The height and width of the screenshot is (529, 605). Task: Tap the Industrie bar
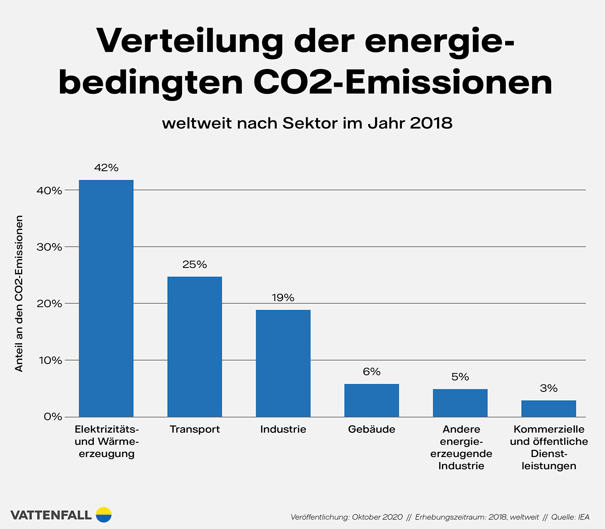[283, 363]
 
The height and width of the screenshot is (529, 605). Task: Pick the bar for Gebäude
[372, 401]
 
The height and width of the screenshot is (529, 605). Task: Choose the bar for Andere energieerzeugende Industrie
[460, 403]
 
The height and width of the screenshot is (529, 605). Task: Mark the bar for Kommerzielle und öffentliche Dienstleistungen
[549, 409]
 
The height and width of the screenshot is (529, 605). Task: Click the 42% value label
[106, 168]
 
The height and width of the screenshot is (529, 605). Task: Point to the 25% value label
[195, 264]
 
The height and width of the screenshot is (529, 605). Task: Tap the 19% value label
[283, 298]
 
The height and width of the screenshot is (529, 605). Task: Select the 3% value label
[549, 388]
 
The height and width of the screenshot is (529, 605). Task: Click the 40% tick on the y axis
[49, 190]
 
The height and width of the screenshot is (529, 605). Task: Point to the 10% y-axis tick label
[49, 361]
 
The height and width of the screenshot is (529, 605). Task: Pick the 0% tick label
[52, 417]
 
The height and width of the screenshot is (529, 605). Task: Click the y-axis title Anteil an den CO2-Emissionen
[19, 294]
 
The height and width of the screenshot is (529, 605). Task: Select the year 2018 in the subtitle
[431, 123]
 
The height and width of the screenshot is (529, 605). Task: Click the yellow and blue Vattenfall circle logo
[103, 514]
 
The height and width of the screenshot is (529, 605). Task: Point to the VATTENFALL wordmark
[51, 515]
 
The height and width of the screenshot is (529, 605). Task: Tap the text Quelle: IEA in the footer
[570, 517]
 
